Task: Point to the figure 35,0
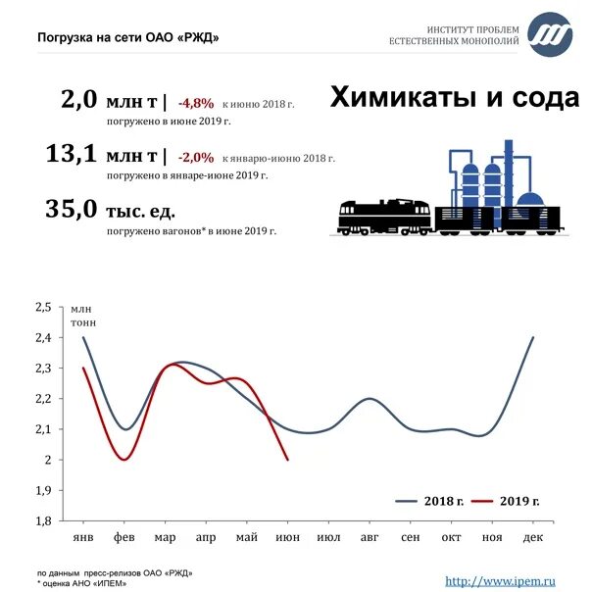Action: coord(72,209)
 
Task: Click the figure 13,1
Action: coord(72,155)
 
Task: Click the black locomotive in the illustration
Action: coord(385,216)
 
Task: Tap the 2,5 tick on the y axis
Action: coord(42,307)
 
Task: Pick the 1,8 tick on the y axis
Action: coord(42,520)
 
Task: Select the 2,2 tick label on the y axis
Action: coord(42,399)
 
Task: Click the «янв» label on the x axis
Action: coord(83,539)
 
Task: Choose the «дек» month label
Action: coord(532,539)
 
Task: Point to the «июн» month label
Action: coord(287,539)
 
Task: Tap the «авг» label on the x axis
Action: coord(369,539)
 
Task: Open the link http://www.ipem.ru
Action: coord(507,580)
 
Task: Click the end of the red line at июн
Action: coord(287,460)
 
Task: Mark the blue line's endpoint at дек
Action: coord(533,338)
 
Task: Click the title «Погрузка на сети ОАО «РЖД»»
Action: coord(128,37)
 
